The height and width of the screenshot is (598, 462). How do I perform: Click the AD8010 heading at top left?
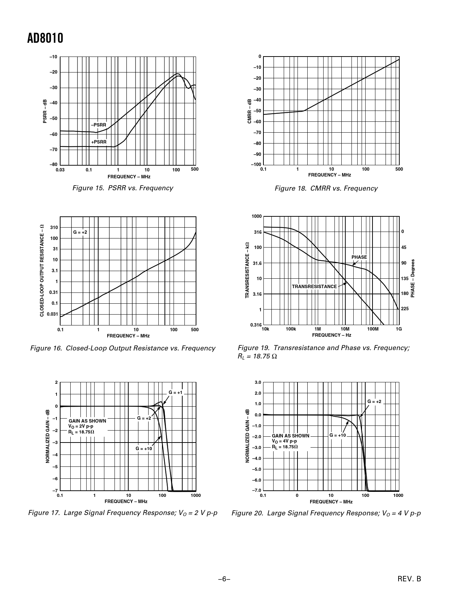(45, 38)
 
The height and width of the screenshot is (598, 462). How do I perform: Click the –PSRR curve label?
(99, 125)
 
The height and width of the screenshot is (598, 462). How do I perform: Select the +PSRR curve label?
(99, 142)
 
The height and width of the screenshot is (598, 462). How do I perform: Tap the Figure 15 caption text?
(122, 188)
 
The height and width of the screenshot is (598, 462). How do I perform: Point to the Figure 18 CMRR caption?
(326, 188)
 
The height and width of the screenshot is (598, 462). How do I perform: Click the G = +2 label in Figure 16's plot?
(80, 232)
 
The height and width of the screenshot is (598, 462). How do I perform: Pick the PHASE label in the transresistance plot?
(359, 257)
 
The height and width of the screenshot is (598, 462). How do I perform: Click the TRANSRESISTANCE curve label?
(314, 287)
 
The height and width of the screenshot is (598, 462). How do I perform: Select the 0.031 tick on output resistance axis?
(53, 314)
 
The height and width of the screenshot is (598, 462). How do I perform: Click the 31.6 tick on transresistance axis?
(257, 263)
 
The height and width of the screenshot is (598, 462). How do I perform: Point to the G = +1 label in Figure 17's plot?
(176, 393)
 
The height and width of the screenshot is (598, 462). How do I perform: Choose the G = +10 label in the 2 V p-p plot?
(144, 449)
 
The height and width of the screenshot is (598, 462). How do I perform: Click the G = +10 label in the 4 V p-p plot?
(338, 435)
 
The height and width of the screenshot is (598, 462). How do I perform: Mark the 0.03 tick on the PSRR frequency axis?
(60, 170)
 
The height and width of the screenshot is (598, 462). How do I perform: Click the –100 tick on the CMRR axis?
(255, 165)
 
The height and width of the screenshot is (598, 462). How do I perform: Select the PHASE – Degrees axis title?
(412, 278)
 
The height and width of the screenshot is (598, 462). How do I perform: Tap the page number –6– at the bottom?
(224, 579)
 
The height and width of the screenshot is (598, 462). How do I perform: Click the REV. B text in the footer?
(409, 579)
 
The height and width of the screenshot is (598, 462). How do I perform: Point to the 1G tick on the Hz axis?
(399, 329)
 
